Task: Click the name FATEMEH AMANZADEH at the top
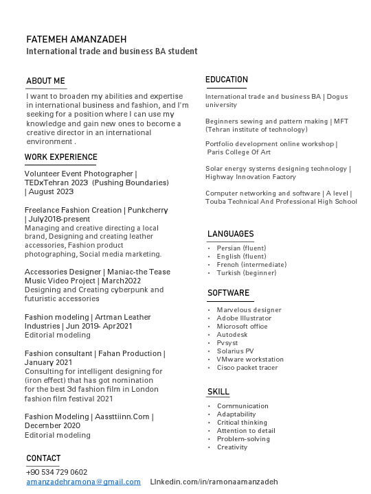point(76,39)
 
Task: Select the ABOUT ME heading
point(45,81)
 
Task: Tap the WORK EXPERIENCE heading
point(61,157)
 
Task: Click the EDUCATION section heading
point(227,80)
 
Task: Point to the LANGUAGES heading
point(231,234)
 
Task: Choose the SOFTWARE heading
point(229,293)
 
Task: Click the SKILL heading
point(218,392)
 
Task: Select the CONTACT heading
point(43,458)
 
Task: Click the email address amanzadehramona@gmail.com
point(83,482)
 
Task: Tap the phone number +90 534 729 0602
point(57,473)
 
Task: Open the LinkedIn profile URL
point(214,482)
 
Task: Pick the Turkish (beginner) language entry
point(237,273)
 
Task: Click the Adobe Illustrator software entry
point(244,318)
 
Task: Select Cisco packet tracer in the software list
point(247,368)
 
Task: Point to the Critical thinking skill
point(242,423)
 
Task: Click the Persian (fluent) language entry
point(241,248)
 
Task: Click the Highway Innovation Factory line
point(251,177)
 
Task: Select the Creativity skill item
point(232,447)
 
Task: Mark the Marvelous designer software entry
point(249,310)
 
